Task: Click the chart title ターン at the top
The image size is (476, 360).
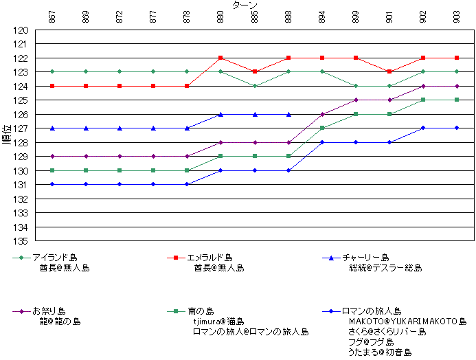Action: point(245,5)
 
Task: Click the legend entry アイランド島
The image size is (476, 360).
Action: point(54,258)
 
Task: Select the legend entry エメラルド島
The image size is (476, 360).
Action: point(209,258)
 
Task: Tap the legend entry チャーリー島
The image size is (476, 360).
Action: point(365,258)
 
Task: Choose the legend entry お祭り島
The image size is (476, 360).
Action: point(49,311)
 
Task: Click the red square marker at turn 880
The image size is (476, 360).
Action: point(220,58)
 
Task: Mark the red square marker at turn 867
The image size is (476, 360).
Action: point(52,86)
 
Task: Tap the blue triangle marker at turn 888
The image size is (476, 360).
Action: point(288,114)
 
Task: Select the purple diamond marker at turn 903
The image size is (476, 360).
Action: point(457,86)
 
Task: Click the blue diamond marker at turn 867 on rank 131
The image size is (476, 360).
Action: point(52,184)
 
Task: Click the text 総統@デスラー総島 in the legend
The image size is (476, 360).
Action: point(385,268)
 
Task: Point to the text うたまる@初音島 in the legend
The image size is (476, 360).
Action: point(380,352)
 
